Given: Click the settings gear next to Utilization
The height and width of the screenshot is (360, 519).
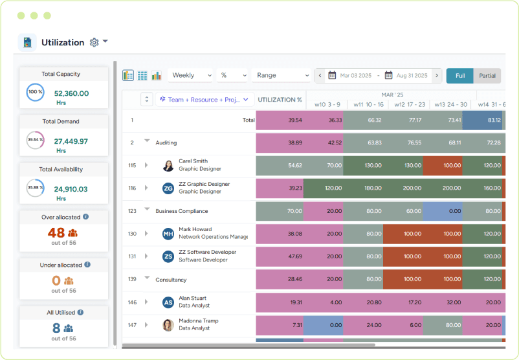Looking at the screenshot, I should [x=94, y=43].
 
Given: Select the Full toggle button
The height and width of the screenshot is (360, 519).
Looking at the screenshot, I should [x=459, y=76].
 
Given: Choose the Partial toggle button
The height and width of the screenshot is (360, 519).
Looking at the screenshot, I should [x=487, y=76].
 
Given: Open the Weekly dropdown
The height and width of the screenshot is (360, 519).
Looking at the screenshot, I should [x=190, y=76].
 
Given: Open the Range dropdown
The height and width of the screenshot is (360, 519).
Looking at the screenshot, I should [x=282, y=76].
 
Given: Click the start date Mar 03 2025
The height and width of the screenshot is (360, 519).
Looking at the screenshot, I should [x=355, y=76].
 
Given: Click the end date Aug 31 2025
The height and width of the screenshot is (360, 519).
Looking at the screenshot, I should [x=411, y=76].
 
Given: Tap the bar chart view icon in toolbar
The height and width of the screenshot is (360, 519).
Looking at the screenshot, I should [x=157, y=76].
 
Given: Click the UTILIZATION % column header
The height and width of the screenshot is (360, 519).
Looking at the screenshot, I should [x=280, y=100].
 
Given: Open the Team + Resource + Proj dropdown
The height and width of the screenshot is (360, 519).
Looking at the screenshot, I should [x=203, y=100].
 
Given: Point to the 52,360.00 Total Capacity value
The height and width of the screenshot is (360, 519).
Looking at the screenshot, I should [x=71, y=93].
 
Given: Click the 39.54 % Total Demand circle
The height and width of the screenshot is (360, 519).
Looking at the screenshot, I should [x=35, y=140].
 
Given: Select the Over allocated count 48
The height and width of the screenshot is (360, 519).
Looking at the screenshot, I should [x=56, y=232].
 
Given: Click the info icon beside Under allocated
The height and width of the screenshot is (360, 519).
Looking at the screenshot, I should [x=87, y=265].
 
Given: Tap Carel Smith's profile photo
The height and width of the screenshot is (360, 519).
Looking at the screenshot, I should [x=168, y=166].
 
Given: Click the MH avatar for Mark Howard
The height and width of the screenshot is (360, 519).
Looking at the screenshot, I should [x=168, y=234].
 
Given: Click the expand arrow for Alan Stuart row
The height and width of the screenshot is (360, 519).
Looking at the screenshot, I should [x=146, y=302].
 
